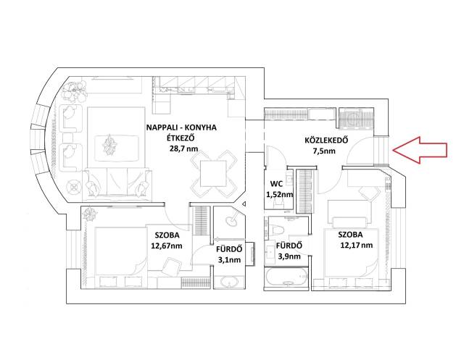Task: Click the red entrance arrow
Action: (x=420, y=150)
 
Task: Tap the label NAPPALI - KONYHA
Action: (x=181, y=127)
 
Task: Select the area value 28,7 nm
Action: (x=183, y=148)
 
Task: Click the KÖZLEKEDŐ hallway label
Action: (x=326, y=140)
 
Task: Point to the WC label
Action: (x=276, y=183)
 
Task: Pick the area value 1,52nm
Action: (x=280, y=194)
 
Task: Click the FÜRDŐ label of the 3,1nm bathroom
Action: (x=229, y=249)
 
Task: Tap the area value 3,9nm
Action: (x=289, y=256)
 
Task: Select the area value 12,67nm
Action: (x=167, y=246)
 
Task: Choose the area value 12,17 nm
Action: (x=357, y=245)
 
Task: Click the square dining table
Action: (x=213, y=174)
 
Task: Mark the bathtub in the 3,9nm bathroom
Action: (x=287, y=277)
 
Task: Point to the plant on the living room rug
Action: (x=109, y=145)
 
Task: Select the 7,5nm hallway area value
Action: (x=324, y=151)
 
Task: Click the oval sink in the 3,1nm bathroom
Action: (x=229, y=282)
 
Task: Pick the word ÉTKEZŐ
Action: (x=181, y=138)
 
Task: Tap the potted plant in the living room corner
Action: (x=74, y=91)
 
